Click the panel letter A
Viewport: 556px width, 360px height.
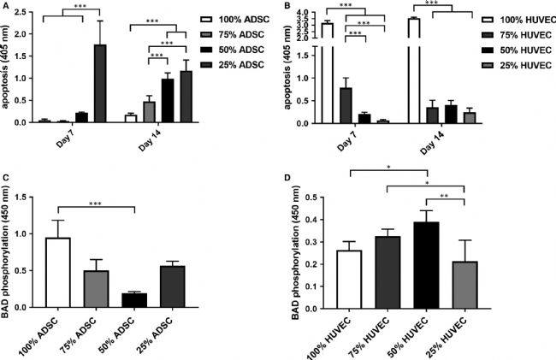5,6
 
